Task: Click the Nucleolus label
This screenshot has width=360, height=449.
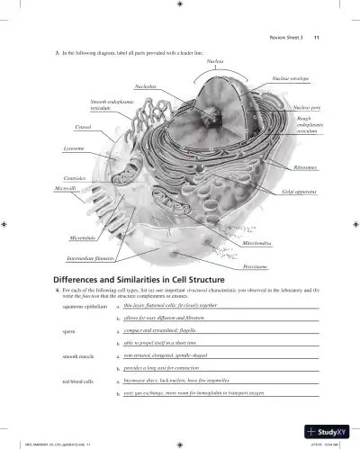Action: coord(146,86)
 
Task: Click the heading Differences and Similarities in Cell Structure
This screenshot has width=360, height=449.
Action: coord(138,279)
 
